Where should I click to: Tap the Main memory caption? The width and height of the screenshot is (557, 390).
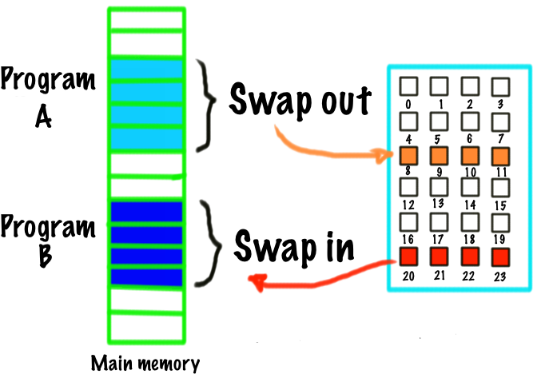[145, 364]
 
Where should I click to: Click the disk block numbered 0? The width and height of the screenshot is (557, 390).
[409, 86]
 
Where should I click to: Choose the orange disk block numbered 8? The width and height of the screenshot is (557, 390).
[409, 156]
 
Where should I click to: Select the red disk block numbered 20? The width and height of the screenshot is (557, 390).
[409, 257]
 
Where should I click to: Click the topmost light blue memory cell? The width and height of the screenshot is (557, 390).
[146, 70]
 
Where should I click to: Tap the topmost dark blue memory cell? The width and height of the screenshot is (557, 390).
[146, 212]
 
